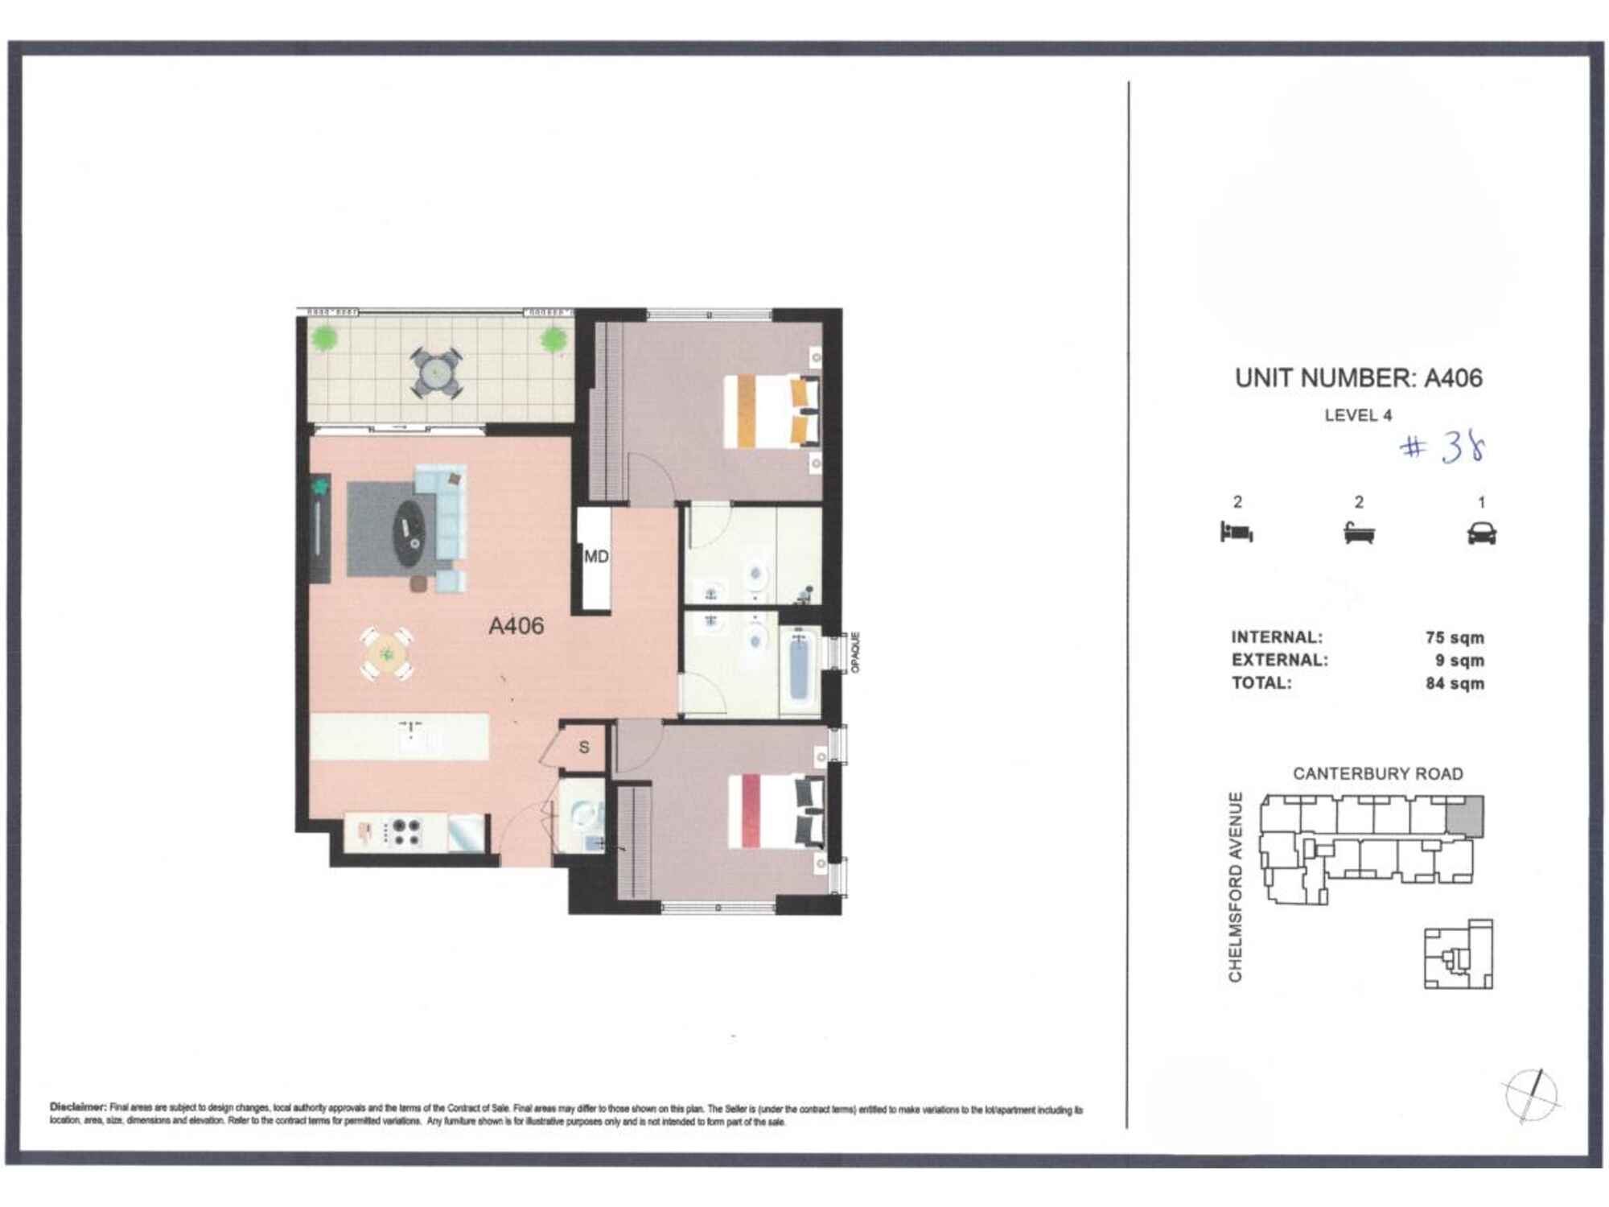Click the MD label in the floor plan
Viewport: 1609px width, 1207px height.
point(596,557)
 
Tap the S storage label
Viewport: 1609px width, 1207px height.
point(584,748)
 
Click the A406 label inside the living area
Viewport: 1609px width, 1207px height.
point(516,625)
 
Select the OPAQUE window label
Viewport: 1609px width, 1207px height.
point(855,652)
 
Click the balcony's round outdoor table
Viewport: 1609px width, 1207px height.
point(436,373)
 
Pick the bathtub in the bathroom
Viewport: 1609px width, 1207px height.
point(799,669)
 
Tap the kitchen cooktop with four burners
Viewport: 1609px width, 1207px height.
point(404,832)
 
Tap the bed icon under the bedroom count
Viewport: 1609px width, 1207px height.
point(1237,532)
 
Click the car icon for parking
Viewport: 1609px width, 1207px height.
point(1481,533)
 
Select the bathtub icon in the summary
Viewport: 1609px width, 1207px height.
point(1359,533)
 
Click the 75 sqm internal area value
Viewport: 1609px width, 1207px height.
point(1455,637)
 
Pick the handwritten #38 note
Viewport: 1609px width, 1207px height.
point(1442,448)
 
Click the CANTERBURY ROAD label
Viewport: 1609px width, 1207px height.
point(1377,773)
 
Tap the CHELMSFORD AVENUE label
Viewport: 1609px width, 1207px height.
point(1235,887)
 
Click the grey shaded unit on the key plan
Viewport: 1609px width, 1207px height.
point(1465,816)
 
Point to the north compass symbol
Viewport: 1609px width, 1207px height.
point(1531,1095)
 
